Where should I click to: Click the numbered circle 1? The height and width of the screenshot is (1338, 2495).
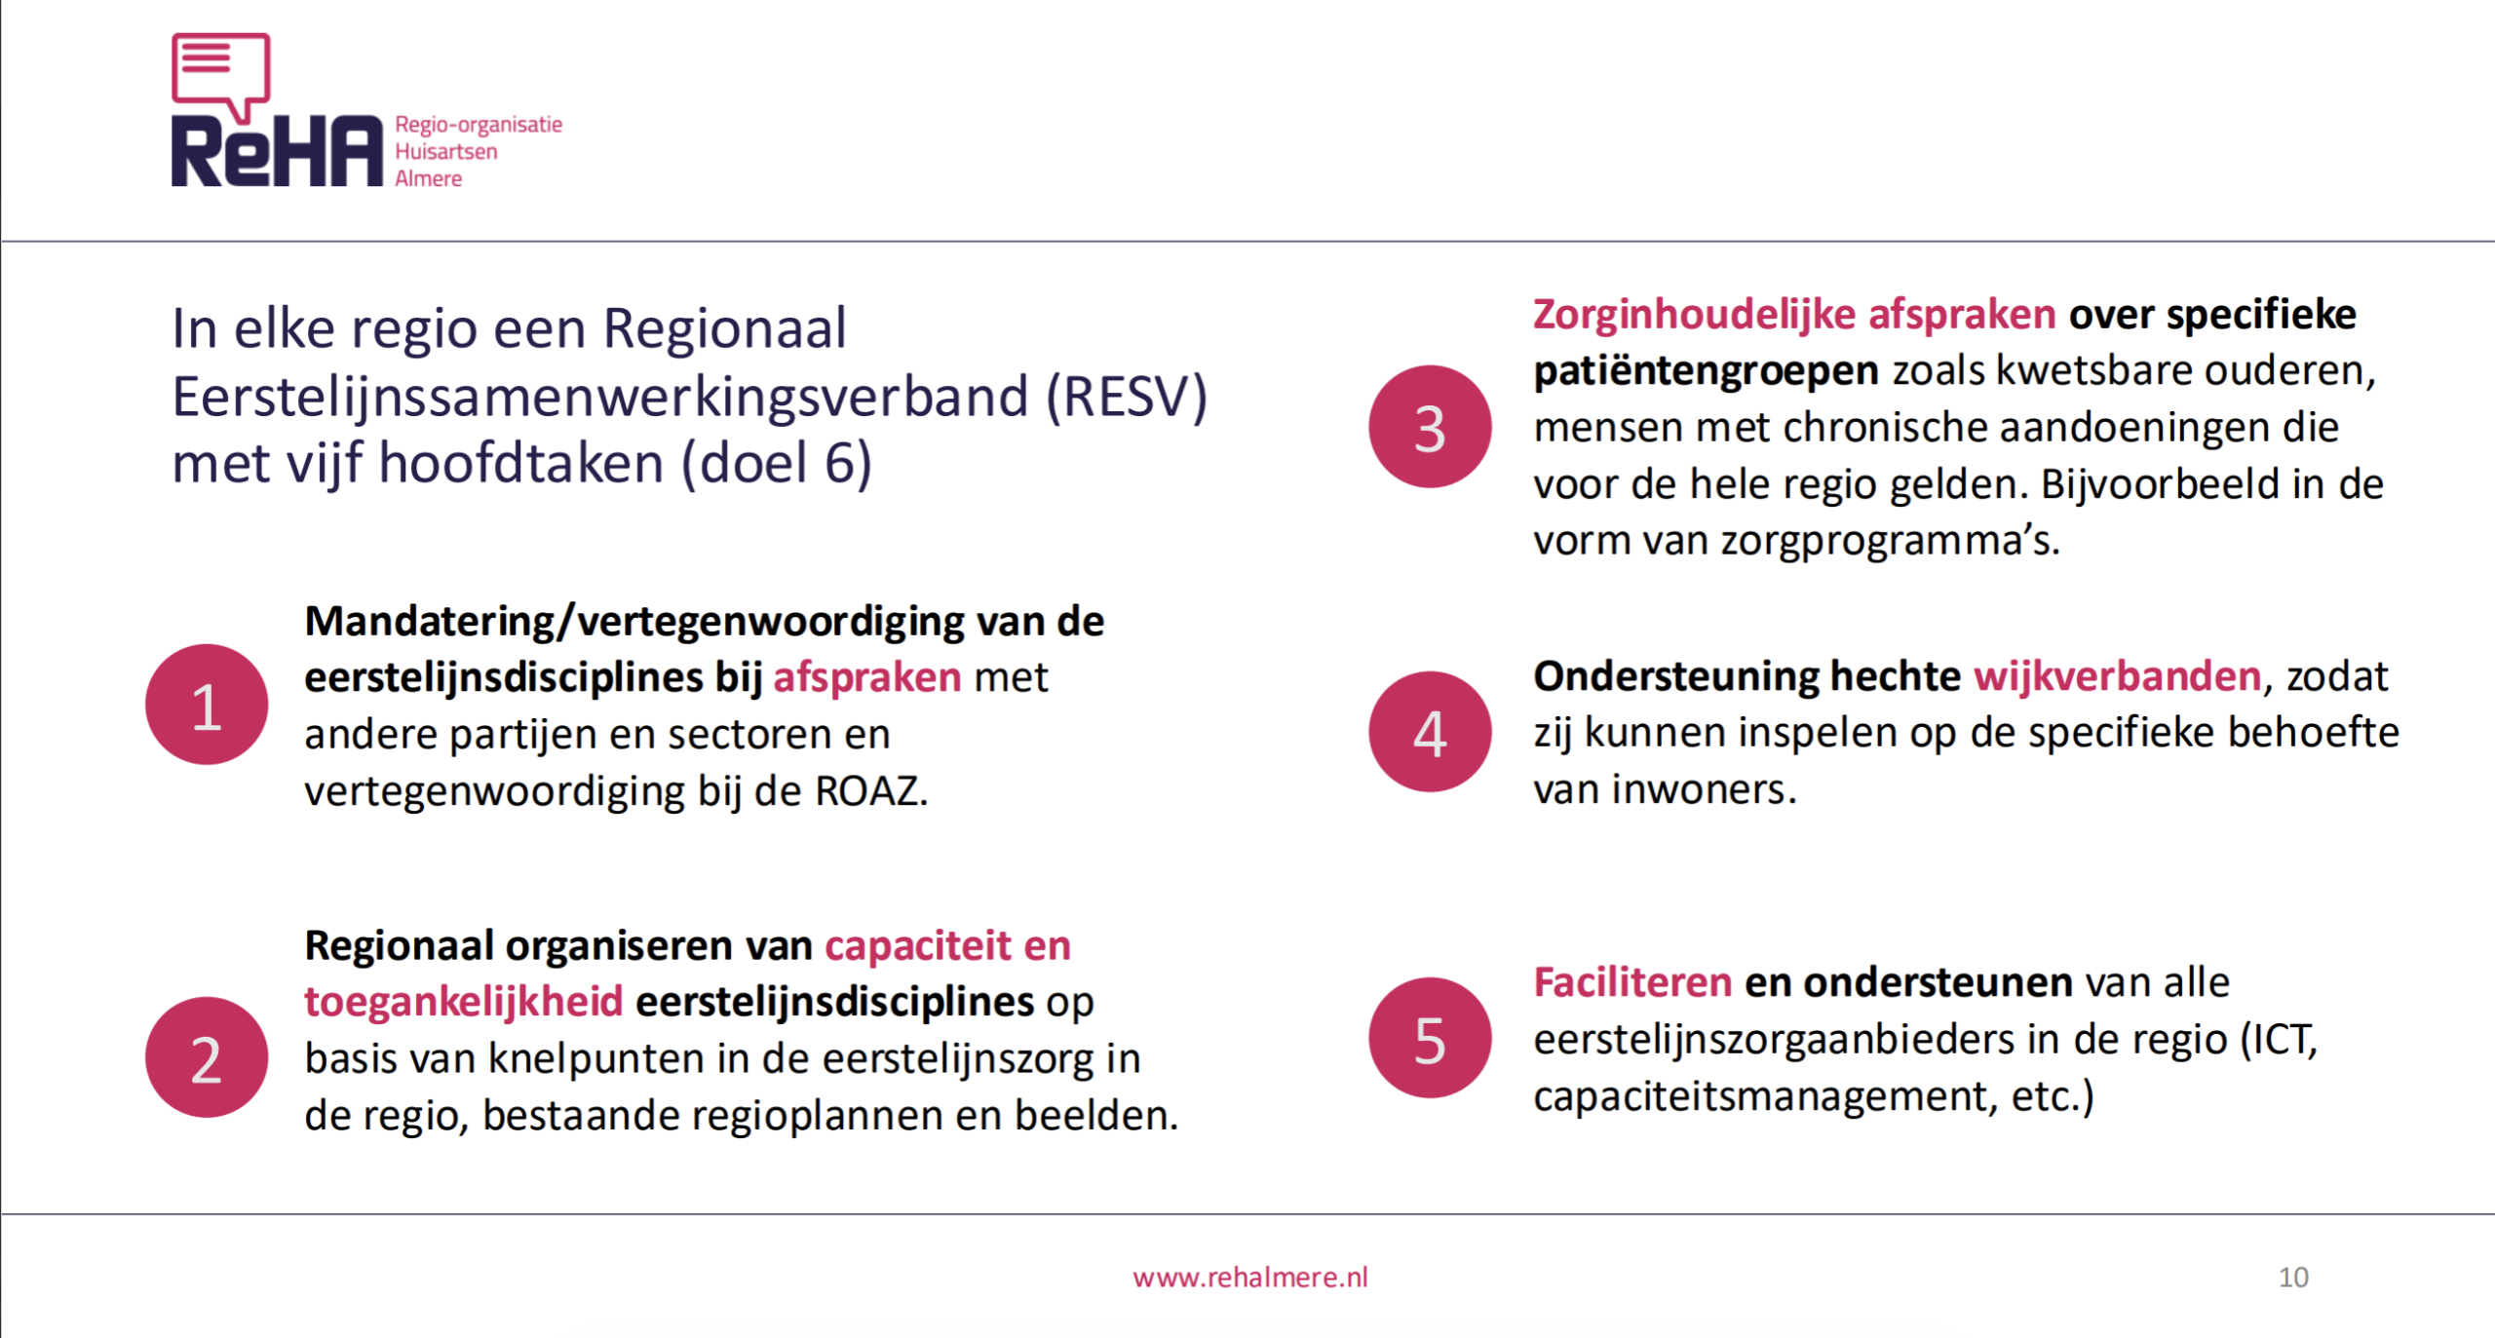click(x=207, y=705)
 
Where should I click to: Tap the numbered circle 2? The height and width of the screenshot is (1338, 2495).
click(x=207, y=1057)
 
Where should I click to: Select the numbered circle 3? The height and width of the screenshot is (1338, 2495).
click(x=1430, y=427)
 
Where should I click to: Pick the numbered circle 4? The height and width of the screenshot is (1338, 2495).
click(x=1430, y=732)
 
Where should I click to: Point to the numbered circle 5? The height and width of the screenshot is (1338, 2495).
click(x=1430, y=1038)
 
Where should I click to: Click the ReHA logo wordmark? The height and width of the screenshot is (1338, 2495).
click(x=278, y=151)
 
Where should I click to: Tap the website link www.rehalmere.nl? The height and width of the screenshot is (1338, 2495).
click(x=1250, y=1278)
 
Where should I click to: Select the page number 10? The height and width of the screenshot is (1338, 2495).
click(x=2293, y=1278)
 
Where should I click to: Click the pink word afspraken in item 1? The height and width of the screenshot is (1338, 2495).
click(x=867, y=677)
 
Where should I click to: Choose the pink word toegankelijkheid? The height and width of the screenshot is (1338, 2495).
click(x=464, y=1002)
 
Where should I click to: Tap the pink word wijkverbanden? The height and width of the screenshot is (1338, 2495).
click(x=2117, y=676)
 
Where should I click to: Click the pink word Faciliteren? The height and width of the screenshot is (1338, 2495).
click(x=1632, y=982)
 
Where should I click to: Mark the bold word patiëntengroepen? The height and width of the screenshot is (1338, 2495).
click(x=1706, y=371)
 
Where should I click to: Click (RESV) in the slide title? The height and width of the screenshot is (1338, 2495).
click(x=1127, y=397)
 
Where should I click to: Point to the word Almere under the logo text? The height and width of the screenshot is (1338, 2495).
click(x=428, y=179)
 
